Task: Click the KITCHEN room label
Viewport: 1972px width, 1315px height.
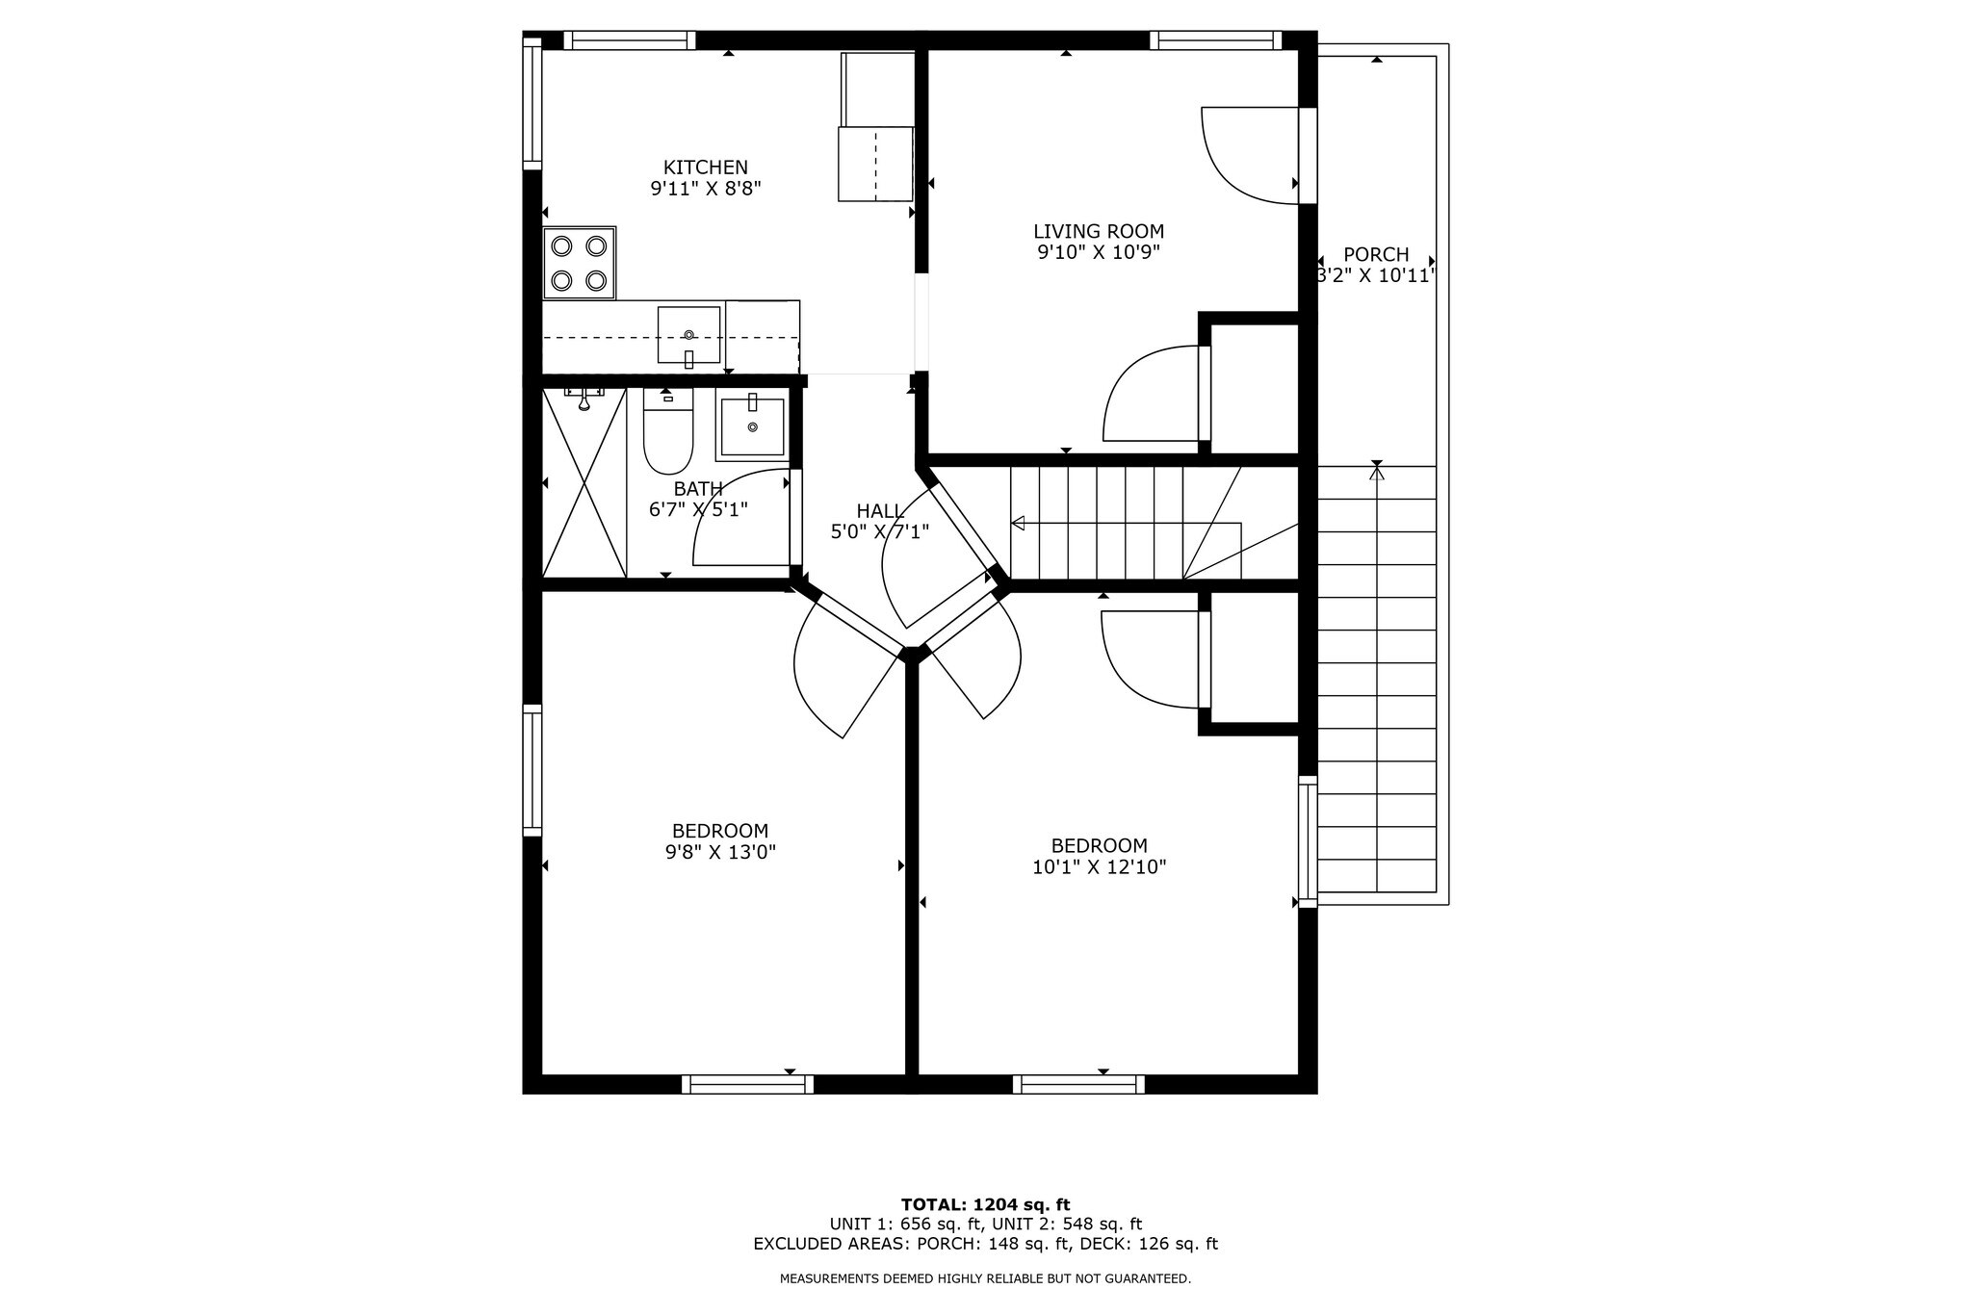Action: point(705,168)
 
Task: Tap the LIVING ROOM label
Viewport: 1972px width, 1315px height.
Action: point(1099,231)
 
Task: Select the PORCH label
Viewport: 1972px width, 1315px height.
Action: point(1376,254)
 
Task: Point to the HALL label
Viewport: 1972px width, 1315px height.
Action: point(880,510)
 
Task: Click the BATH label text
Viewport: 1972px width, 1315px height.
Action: point(698,489)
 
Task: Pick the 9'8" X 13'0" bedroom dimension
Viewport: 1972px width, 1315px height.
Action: point(720,852)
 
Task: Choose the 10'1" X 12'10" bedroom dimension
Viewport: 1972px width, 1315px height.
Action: point(1099,867)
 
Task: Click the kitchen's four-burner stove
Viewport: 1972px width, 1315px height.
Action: point(579,263)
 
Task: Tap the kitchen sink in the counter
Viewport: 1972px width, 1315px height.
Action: point(688,336)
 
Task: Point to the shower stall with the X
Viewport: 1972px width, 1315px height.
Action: point(584,482)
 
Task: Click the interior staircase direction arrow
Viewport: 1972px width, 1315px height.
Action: point(1126,524)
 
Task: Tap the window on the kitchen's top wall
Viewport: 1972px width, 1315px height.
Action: point(629,40)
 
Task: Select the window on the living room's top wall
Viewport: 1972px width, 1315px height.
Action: point(1216,40)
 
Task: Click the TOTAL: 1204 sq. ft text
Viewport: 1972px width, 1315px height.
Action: point(985,1204)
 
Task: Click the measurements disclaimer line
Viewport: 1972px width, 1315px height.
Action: point(985,1279)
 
